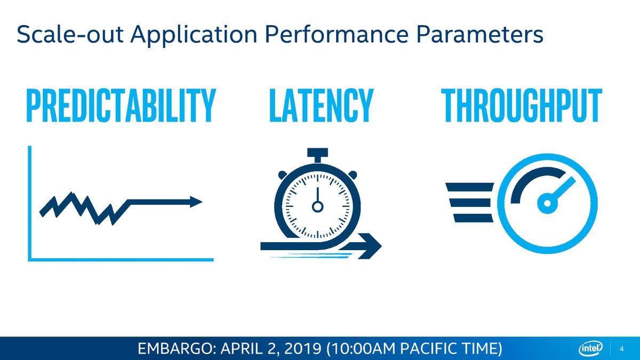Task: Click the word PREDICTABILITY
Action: (121, 106)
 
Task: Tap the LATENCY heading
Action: (322, 106)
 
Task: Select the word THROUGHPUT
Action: (522, 106)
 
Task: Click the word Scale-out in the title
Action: (70, 34)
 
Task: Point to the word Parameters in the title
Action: (479, 34)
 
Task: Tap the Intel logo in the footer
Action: (590, 349)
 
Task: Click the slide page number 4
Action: (621, 349)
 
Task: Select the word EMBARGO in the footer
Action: (176, 349)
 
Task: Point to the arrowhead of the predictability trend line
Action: (196, 202)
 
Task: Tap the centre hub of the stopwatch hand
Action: (317, 206)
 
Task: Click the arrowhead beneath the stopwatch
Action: (369, 246)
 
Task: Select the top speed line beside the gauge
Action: (470, 187)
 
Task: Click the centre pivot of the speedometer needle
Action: (547, 203)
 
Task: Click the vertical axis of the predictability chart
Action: (30, 203)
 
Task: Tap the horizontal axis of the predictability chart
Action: (121, 260)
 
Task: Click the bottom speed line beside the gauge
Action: (474, 218)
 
